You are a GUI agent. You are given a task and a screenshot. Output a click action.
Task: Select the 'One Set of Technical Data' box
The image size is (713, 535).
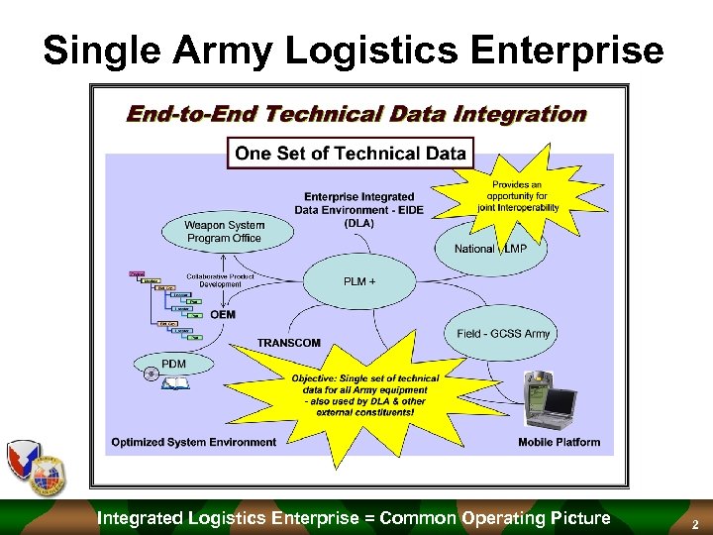pyautogui.click(x=351, y=153)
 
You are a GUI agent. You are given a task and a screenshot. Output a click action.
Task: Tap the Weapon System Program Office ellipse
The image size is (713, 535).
pyautogui.click(x=225, y=231)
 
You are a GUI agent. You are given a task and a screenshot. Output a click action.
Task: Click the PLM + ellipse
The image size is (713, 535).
pyautogui.click(x=358, y=281)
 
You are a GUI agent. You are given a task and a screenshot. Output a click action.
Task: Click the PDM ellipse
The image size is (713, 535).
pyautogui.click(x=173, y=365)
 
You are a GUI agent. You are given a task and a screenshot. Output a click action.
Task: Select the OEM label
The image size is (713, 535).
pyautogui.click(x=223, y=315)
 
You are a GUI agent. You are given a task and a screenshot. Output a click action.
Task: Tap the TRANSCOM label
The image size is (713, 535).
pyautogui.click(x=289, y=343)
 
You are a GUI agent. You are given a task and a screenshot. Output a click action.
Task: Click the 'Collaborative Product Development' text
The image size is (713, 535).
pyautogui.click(x=220, y=279)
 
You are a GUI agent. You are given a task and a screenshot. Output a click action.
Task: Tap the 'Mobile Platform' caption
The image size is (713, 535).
pyautogui.click(x=559, y=442)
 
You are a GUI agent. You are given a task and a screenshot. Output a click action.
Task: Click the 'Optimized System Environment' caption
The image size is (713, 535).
pyautogui.click(x=194, y=442)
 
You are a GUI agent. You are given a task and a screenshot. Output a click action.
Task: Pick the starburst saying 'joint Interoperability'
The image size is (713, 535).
pyautogui.click(x=515, y=193)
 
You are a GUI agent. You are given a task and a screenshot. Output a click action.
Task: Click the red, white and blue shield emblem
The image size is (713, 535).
pyautogui.click(x=28, y=466)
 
